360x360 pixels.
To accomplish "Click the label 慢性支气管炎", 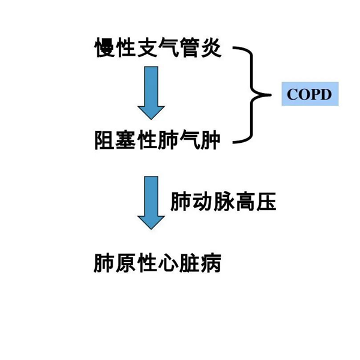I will pyautogui.click(x=158, y=48).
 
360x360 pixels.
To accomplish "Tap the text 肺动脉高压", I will pyautogui.click(x=223, y=202).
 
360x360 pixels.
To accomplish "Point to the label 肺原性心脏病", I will pyautogui.click(x=158, y=263).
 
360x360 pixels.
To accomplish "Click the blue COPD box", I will pyautogui.click(x=310, y=94).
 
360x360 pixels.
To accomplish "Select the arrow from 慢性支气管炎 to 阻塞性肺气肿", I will pyautogui.click(x=151, y=94).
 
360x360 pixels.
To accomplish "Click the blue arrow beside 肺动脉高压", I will pyautogui.click(x=151, y=202).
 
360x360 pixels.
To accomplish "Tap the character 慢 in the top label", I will pyautogui.click(x=105, y=48).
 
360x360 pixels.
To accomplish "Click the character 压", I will pyautogui.click(x=266, y=202).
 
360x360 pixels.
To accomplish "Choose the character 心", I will pyautogui.click(x=169, y=263).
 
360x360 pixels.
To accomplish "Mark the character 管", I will pyautogui.click(x=190, y=48).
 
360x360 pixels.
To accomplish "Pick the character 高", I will pyautogui.click(x=245, y=202).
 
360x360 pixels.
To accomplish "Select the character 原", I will pyautogui.click(x=126, y=263).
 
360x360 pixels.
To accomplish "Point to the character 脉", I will pyautogui.click(x=223, y=202).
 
